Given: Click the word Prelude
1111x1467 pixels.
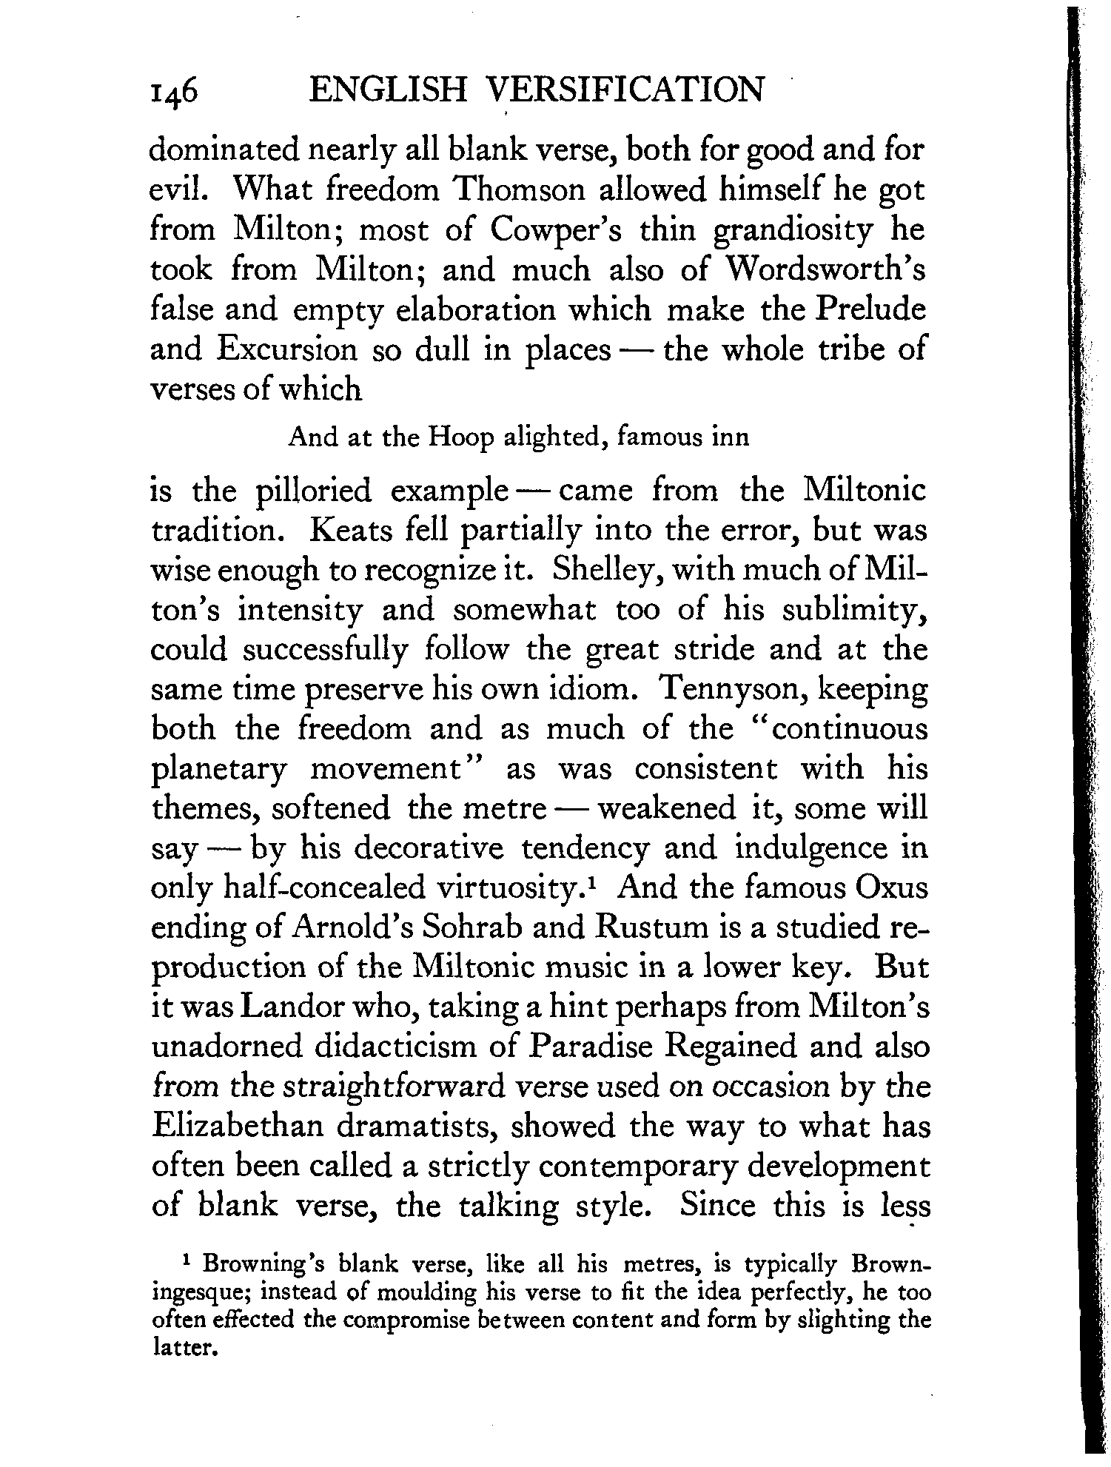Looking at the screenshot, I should pos(870,309).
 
